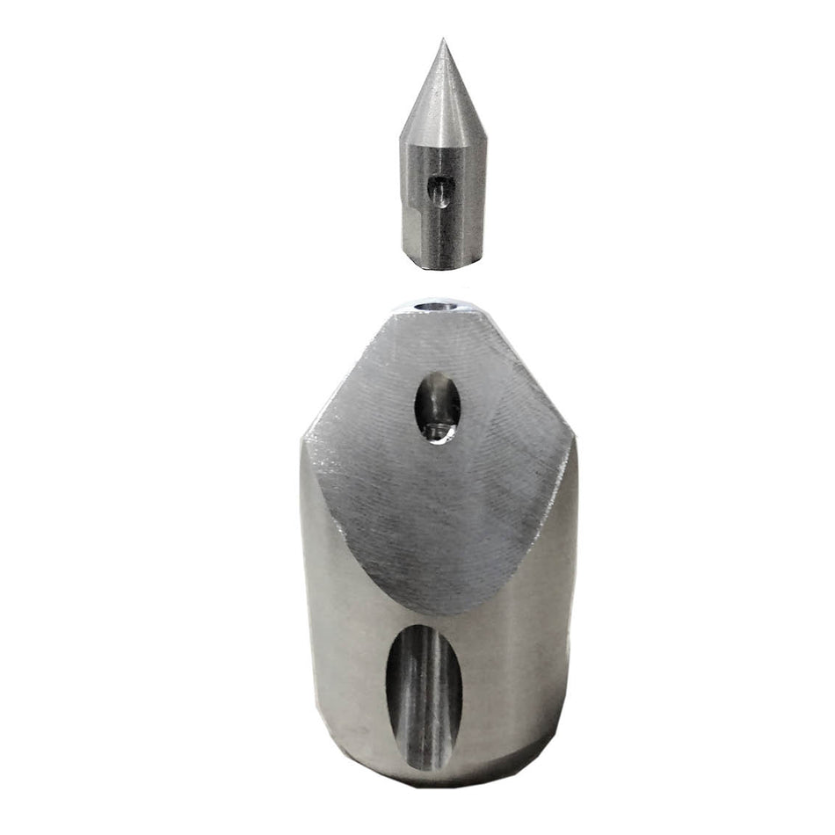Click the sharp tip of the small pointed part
(442, 40)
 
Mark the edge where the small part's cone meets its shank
(442, 141)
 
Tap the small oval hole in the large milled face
(438, 407)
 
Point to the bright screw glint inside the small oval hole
(433, 431)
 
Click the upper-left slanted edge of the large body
(347, 374)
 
